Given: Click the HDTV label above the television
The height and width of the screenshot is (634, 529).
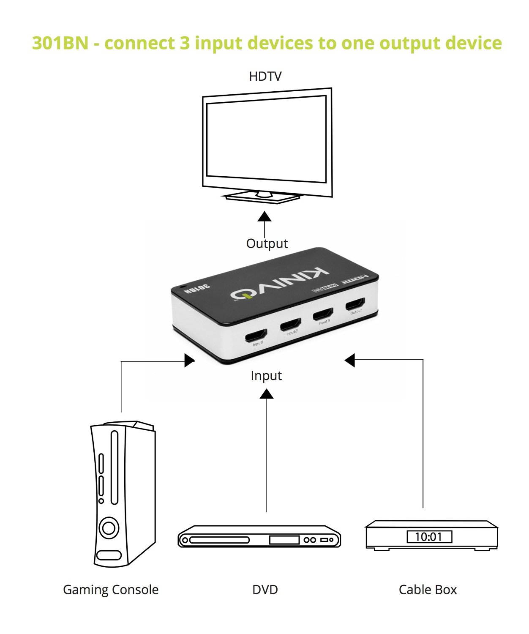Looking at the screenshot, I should pyautogui.click(x=265, y=77).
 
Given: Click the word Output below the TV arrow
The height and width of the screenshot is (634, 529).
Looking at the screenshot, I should pyautogui.click(x=267, y=243).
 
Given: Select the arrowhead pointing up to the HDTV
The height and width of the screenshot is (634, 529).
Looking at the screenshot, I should pyautogui.click(x=265, y=217).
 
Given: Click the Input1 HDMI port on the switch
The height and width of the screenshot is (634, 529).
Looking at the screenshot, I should pyautogui.click(x=256, y=336).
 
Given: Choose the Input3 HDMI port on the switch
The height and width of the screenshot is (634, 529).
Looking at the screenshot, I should pyautogui.click(x=323, y=314).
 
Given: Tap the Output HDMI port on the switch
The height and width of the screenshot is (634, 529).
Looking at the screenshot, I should pyautogui.click(x=355, y=304).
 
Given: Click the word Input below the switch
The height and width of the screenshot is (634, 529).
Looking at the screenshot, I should pyautogui.click(x=266, y=376).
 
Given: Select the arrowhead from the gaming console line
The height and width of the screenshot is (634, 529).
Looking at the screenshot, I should pyautogui.click(x=190, y=361).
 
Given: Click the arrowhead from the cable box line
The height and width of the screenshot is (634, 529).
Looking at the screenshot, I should pyautogui.click(x=349, y=360).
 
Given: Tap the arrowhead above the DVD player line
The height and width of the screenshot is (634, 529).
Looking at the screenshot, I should pyautogui.click(x=266, y=394).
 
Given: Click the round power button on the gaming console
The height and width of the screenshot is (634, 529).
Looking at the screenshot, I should pyautogui.click(x=109, y=528).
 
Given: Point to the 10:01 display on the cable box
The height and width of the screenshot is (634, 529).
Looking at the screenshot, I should pyautogui.click(x=429, y=537).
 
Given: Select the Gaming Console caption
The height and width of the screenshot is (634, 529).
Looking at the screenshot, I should pyautogui.click(x=111, y=590).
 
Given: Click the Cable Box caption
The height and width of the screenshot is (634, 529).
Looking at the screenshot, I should pyautogui.click(x=428, y=590).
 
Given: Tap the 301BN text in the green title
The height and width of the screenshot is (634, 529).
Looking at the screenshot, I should pyautogui.click(x=60, y=43).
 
